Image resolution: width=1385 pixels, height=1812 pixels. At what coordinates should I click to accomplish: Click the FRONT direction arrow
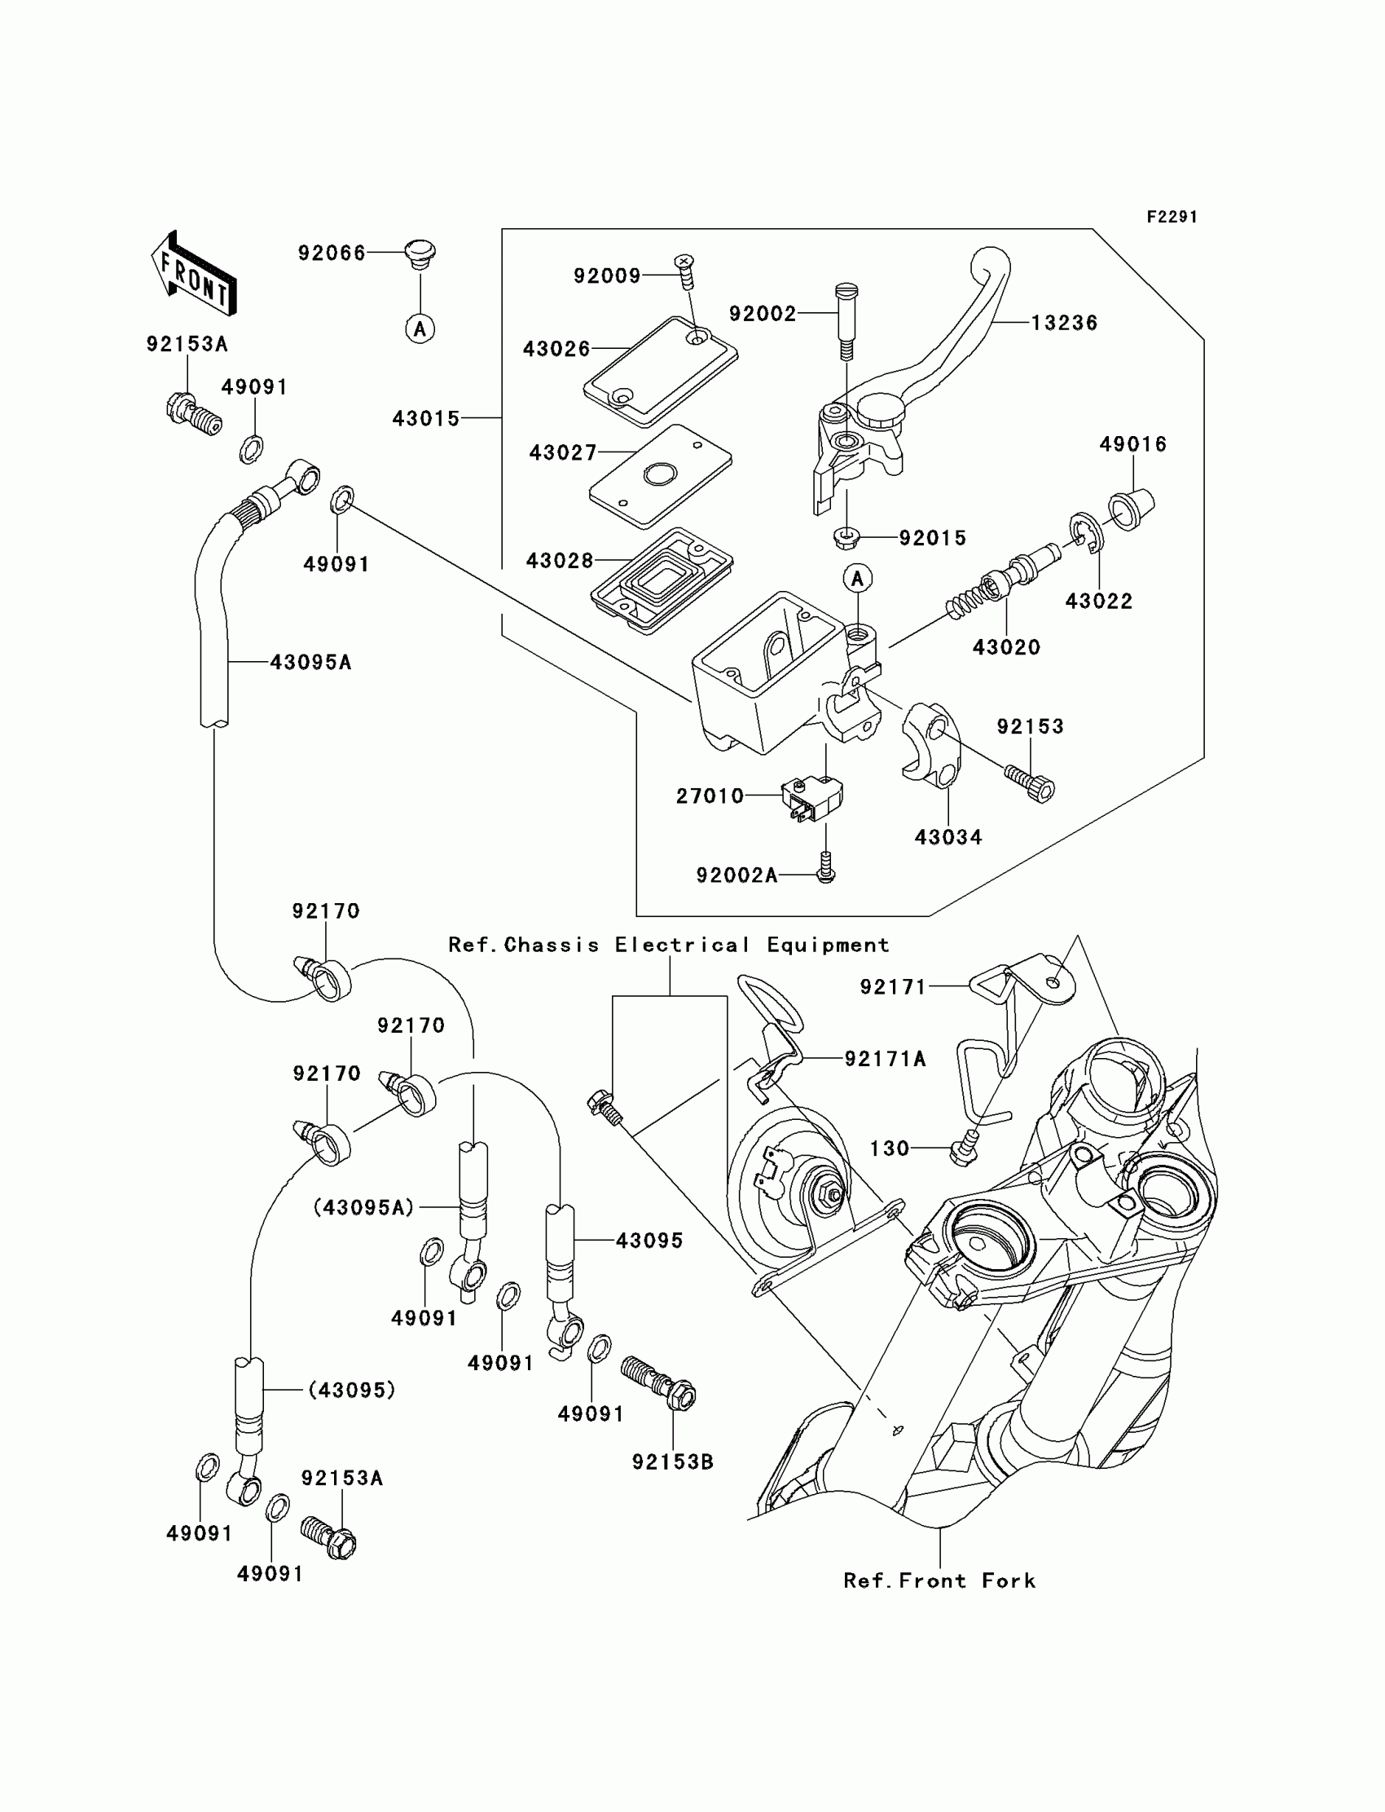pyautogui.click(x=195, y=275)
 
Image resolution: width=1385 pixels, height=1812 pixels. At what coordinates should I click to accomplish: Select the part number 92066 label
pyautogui.click(x=332, y=254)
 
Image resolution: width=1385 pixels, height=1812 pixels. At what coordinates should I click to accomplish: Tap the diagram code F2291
pyautogui.click(x=1172, y=217)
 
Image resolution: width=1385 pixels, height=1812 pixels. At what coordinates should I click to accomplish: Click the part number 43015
pyautogui.click(x=425, y=419)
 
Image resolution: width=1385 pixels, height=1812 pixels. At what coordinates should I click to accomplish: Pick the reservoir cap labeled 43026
pyautogui.click(x=661, y=372)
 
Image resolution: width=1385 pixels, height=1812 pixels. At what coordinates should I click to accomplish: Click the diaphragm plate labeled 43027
pyautogui.click(x=661, y=476)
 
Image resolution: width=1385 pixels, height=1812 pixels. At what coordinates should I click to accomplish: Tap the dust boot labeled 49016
pyautogui.click(x=1131, y=508)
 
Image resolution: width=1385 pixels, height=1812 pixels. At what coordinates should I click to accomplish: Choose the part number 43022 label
pyautogui.click(x=1099, y=602)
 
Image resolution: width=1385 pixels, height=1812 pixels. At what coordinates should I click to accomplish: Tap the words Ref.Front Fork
pyautogui.click(x=939, y=1581)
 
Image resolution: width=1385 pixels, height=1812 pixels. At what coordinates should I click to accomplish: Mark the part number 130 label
pyautogui.click(x=890, y=1148)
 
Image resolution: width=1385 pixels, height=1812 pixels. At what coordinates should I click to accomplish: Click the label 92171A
pyautogui.click(x=886, y=1059)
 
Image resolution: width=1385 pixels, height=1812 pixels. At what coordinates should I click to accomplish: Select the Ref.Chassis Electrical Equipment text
pyautogui.click(x=669, y=946)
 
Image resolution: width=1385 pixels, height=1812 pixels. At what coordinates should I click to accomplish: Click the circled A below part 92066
pyautogui.click(x=420, y=329)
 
